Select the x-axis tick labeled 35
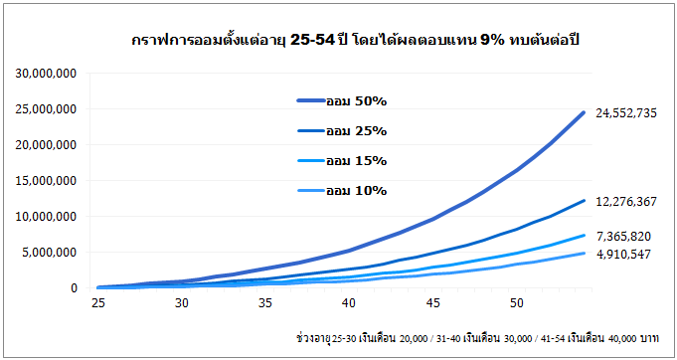click(265, 302)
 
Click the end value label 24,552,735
click(626, 113)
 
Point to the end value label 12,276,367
click(626, 202)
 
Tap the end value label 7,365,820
click(623, 237)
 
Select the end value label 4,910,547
click(623, 256)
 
